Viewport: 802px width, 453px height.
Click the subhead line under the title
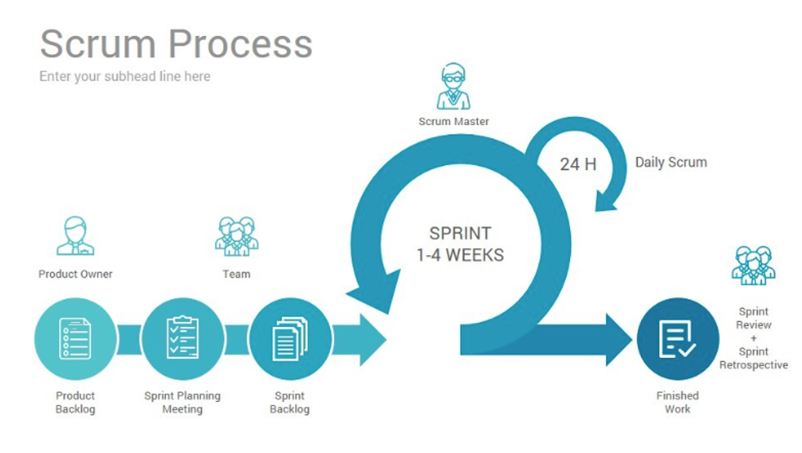tap(125, 77)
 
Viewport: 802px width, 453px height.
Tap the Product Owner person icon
tap(76, 236)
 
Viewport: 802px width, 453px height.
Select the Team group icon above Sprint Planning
tap(236, 236)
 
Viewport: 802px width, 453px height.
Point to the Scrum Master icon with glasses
tap(453, 88)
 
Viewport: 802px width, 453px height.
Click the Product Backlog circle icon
tap(75, 339)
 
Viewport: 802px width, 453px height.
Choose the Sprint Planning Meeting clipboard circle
tap(183, 339)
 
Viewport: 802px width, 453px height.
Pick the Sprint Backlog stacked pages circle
tap(290, 339)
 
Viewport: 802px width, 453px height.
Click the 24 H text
tap(578, 164)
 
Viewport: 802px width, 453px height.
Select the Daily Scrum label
tap(670, 162)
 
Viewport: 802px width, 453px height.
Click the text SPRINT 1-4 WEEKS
tap(460, 244)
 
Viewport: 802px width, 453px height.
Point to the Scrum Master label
tap(454, 121)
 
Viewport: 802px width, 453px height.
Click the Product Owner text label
tap(76, 274)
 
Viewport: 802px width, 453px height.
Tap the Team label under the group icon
tap(236, 274)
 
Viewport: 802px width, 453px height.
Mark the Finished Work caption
tap(678, 402)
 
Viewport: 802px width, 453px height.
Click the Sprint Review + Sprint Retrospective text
tap(753, 338)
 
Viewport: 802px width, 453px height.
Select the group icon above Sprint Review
tap(753, 266)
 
